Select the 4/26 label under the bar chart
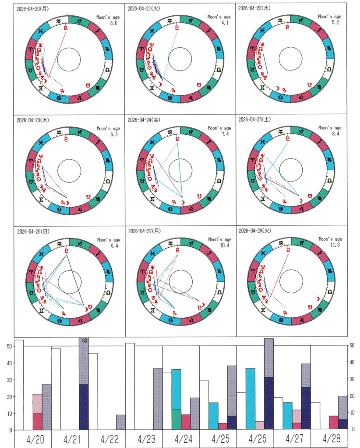pos(254,439)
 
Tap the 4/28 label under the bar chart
pos(328,439)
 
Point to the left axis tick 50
pos(8,346)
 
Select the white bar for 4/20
pos(19,385)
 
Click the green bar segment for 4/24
pos(176,420)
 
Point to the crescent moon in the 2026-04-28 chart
pos(316,299)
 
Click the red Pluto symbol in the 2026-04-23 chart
pos(66,140)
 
